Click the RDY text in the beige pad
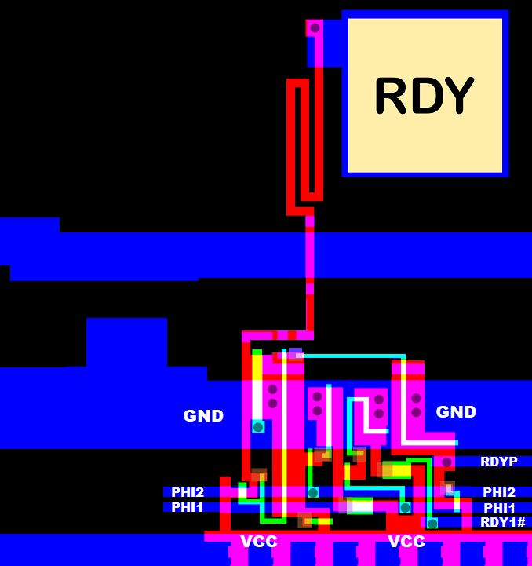click(425, 95)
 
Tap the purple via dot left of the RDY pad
click(315, 28)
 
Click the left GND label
click(203, 416)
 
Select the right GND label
click(456, 411)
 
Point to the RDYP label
click(499, 462)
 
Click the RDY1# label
click(502, 522)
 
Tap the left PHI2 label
click(188, 492)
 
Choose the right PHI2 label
click(499, 492)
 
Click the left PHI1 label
click(188, 507)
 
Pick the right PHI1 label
click(499, 508)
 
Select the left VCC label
click(259, 542)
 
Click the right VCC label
click(406, 542)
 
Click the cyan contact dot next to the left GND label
click(257, 427)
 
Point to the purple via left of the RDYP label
click(446, 462)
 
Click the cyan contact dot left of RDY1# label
click(432, 523)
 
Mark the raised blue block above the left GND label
click(126, 341)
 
